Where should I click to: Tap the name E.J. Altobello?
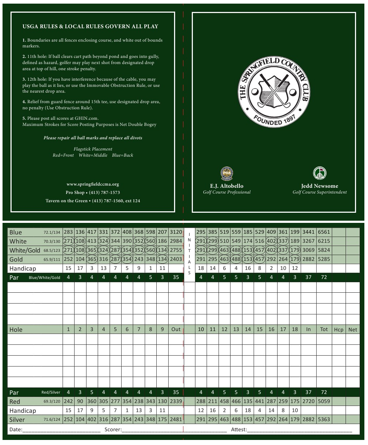[x=227, y=186]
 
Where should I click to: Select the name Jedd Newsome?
[x=320, y=186]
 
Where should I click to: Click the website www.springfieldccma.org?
[x=93, y=184]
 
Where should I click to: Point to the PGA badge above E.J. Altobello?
[x=227, y=173]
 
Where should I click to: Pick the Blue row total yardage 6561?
[x=324, y=232]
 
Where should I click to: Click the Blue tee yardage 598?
[x=151, y=232]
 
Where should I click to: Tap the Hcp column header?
[x=338, y=330]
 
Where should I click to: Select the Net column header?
[x=352, y=330]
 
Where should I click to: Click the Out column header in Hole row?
[x=176, y=329]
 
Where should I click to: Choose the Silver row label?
[x=17, y=420]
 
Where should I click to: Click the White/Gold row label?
[x=25, y=250]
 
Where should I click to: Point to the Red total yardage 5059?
[x=324, y=401]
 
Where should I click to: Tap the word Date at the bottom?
[x=16, y=429]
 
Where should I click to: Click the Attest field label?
[x=239, y=429]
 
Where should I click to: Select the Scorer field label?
[x=113, y=429]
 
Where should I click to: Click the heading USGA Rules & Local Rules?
[x=90, y=26]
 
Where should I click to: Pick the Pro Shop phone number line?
[x=93, y=192]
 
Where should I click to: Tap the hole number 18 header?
[x=295, y=329]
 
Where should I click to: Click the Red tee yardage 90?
[x=80, y=401]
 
